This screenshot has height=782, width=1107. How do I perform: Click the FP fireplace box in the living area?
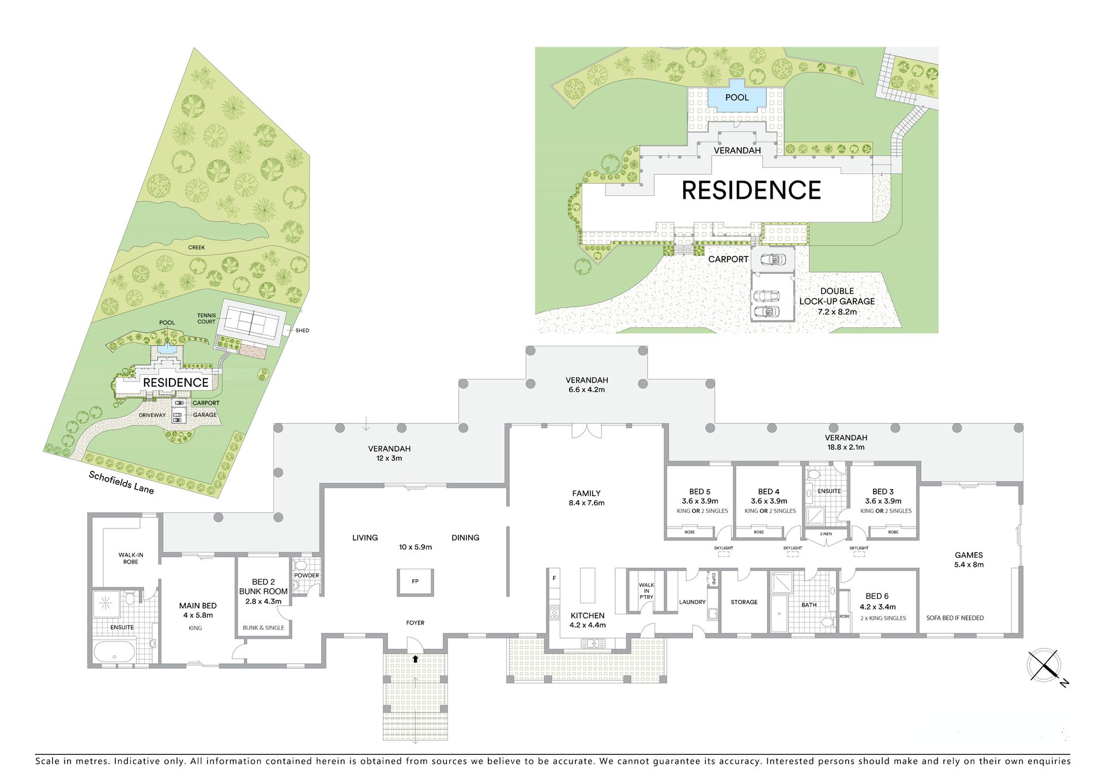[415, 581]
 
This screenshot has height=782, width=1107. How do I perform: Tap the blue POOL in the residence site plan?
[737, 97]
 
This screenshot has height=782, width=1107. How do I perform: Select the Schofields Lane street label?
[121, 482]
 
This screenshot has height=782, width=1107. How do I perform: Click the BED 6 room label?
[877, 596]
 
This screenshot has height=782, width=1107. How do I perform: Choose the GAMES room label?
[969, 555]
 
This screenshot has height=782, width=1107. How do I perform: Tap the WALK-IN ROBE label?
[131, 558]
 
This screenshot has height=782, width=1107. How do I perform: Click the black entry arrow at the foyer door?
[415, 659]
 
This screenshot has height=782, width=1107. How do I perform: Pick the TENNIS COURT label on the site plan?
[206, 318]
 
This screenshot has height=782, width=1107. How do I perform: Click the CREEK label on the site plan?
[197, 247]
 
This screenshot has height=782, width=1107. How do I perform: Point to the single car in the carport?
[773, 259]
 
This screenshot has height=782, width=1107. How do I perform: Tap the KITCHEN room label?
[588, 615]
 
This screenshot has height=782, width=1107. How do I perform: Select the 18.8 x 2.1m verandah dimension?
[846, 447]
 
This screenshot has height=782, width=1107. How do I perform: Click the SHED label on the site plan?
[302, 330]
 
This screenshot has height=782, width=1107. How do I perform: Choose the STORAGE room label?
[744, 602]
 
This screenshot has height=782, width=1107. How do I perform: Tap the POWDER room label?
[307, 575]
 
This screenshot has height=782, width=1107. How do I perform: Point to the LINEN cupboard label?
[826, 534]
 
